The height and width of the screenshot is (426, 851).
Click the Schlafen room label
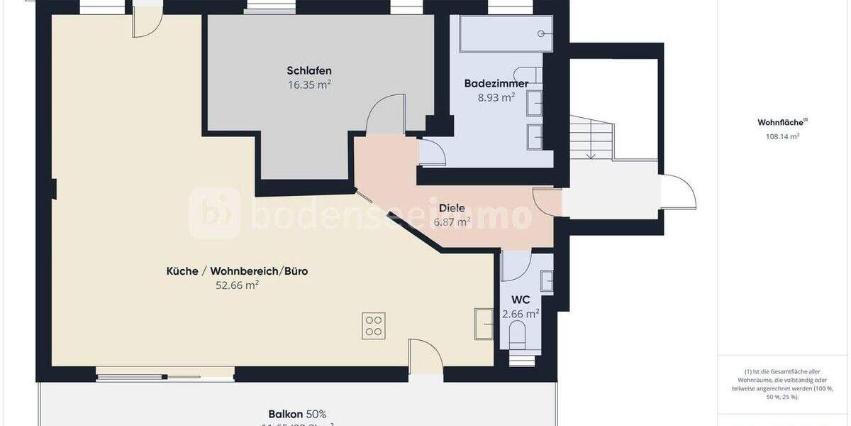pos(309,70)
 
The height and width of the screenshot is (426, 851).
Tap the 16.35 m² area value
pos(309,84)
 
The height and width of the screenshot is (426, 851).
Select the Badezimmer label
pos(496,83)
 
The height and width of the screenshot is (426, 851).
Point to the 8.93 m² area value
pos(496,98)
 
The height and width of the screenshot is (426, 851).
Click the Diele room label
pos(452,208)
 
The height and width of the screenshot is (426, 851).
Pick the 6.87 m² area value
pos(452,222)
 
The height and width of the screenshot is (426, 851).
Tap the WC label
pos(521,299)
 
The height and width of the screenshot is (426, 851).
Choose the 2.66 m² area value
pos(521,313)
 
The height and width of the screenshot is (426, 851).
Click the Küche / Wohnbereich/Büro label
pos(237,271)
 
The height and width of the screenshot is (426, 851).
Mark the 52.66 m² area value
pos(237,285)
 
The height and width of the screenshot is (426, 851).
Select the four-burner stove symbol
pos(373,326)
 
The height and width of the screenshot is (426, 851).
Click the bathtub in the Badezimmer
pos(506,33)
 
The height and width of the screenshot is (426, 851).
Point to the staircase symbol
pos(591,137)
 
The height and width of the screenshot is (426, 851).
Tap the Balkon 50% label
pos(297,414)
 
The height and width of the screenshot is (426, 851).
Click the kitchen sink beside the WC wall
pos(484,324)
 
